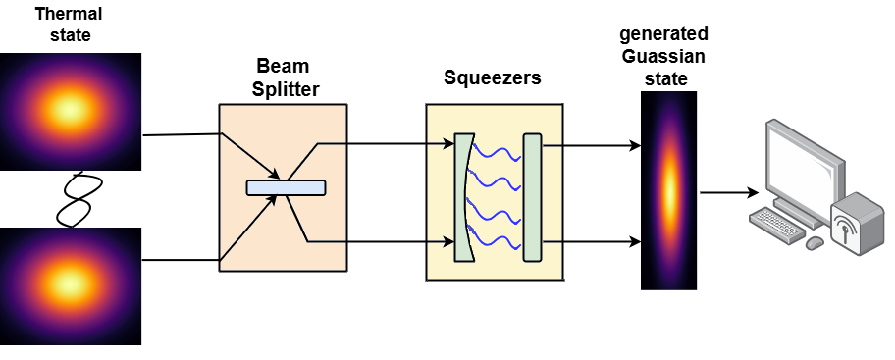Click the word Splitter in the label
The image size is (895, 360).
(282, 89)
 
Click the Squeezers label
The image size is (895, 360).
(493, 77)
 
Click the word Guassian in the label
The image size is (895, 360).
(662, 57)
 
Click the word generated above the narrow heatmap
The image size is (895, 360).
(662, 37)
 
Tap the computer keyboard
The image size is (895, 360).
(777, 227)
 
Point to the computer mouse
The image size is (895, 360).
(814, 242)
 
